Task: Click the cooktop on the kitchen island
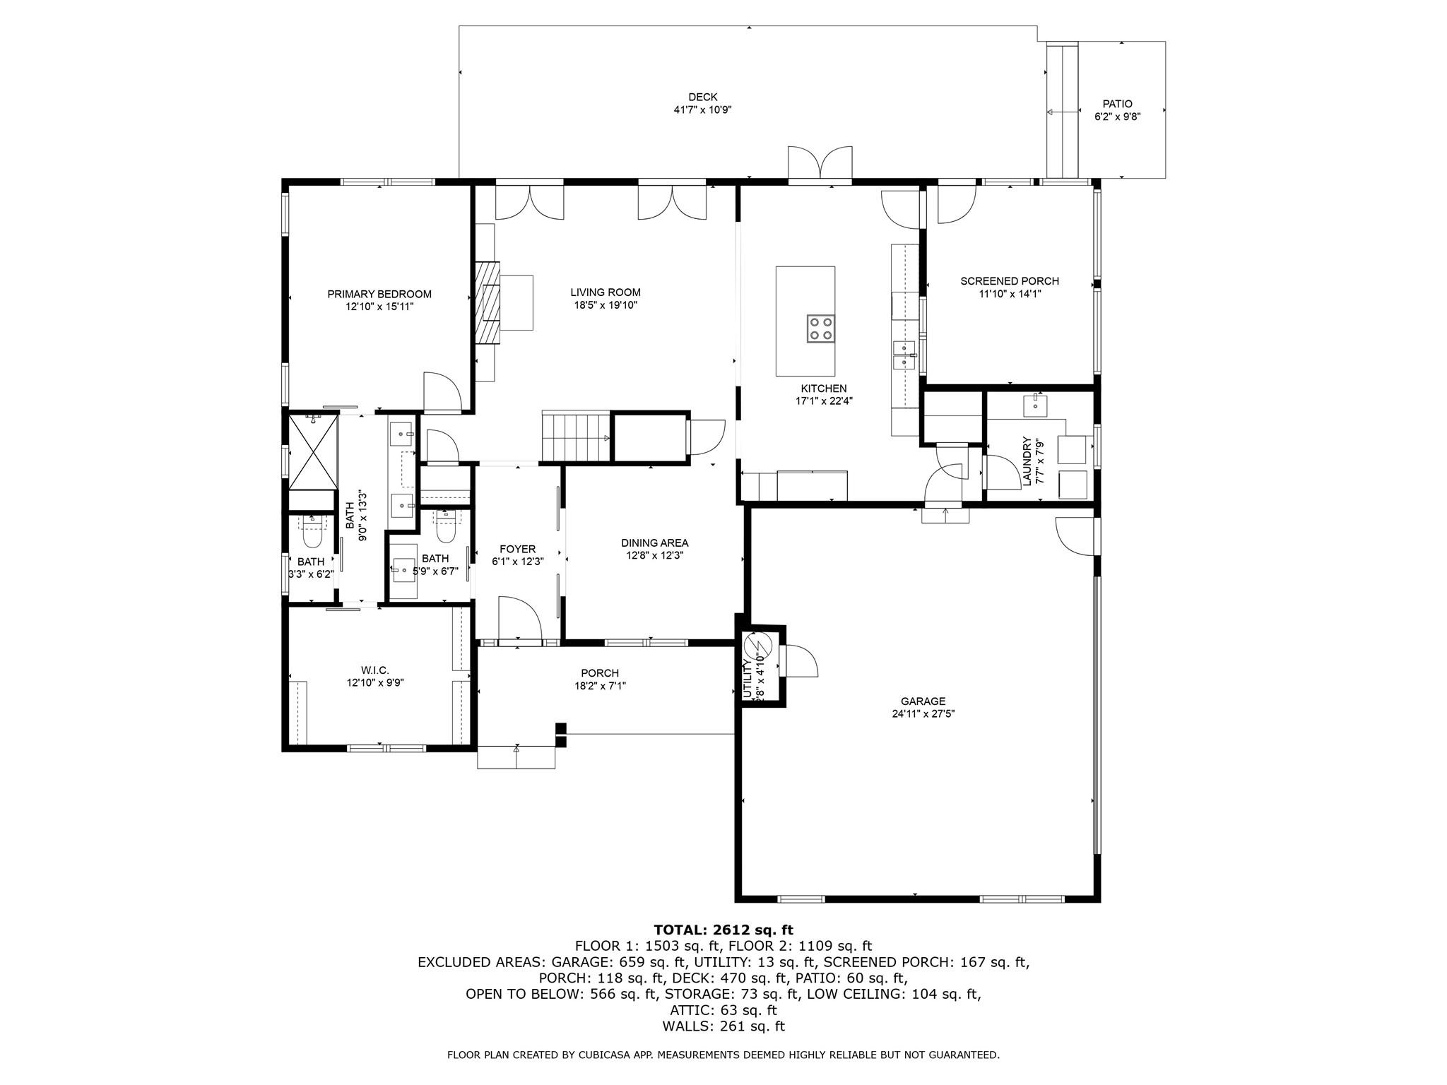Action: [x=820, y=328]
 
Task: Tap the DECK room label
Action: [x=703, y=97]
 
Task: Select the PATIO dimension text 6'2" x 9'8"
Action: [x=1118, y=117]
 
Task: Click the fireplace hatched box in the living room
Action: [x=488, y=302]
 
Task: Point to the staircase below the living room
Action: [x=576, y=437]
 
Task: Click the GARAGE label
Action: [x=923, y=701]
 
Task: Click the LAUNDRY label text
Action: [x=1027, y=461]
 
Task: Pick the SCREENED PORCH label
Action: [x=1010, y=281]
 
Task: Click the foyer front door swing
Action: [x=519, y=619]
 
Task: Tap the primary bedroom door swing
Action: [x=442, y=391]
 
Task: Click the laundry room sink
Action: [x=1035, y=406]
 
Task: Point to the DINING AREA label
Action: [x=655, y=543]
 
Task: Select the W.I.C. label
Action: [x=375, y=670]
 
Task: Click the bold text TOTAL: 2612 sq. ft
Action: [x=723, y=930]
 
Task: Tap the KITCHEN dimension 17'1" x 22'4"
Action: [x=824, y=401]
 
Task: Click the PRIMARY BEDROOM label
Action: [x=379, y=294]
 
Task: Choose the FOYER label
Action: [x=518, y=549]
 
